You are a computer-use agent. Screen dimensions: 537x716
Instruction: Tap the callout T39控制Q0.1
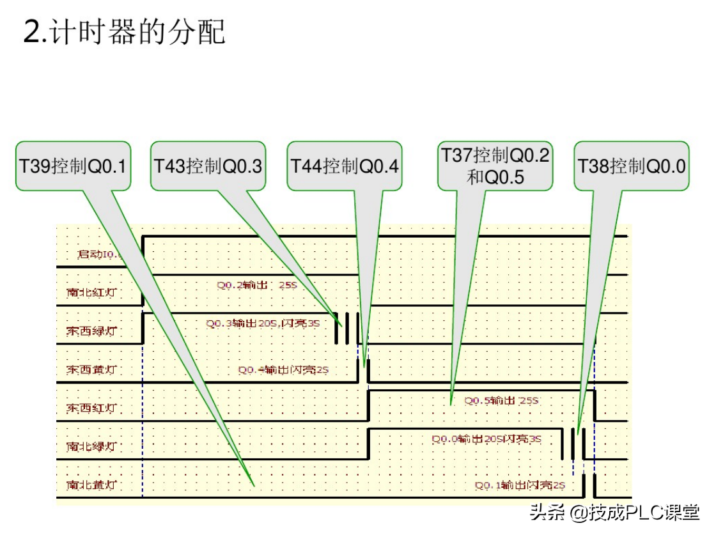[74, 166]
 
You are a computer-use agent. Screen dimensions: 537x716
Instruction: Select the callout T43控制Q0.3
[208, 166]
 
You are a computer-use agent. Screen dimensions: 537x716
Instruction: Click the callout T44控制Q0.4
[345, 166]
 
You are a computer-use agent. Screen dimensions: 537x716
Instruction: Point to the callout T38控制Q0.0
[632, 166]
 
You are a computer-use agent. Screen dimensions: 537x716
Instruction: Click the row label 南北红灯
[91, 293]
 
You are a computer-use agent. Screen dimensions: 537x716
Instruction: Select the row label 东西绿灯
[91, 331]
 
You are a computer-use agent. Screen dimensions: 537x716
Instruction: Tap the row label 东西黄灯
[91, 370]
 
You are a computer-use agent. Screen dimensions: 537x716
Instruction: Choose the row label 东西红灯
[91, 408]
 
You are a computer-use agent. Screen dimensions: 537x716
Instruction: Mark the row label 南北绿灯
[91, 446]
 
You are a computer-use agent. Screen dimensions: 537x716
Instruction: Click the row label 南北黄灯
[91, 485]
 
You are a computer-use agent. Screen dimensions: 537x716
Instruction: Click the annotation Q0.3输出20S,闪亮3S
[261, 323]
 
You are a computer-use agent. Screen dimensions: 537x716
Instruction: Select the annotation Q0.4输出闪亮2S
[283, 370]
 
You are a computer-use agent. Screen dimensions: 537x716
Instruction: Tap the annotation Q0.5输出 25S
[501, 401]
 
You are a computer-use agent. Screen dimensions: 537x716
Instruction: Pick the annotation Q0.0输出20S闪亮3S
[486, 439]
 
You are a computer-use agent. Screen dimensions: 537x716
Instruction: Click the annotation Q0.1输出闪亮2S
[520, 485]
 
